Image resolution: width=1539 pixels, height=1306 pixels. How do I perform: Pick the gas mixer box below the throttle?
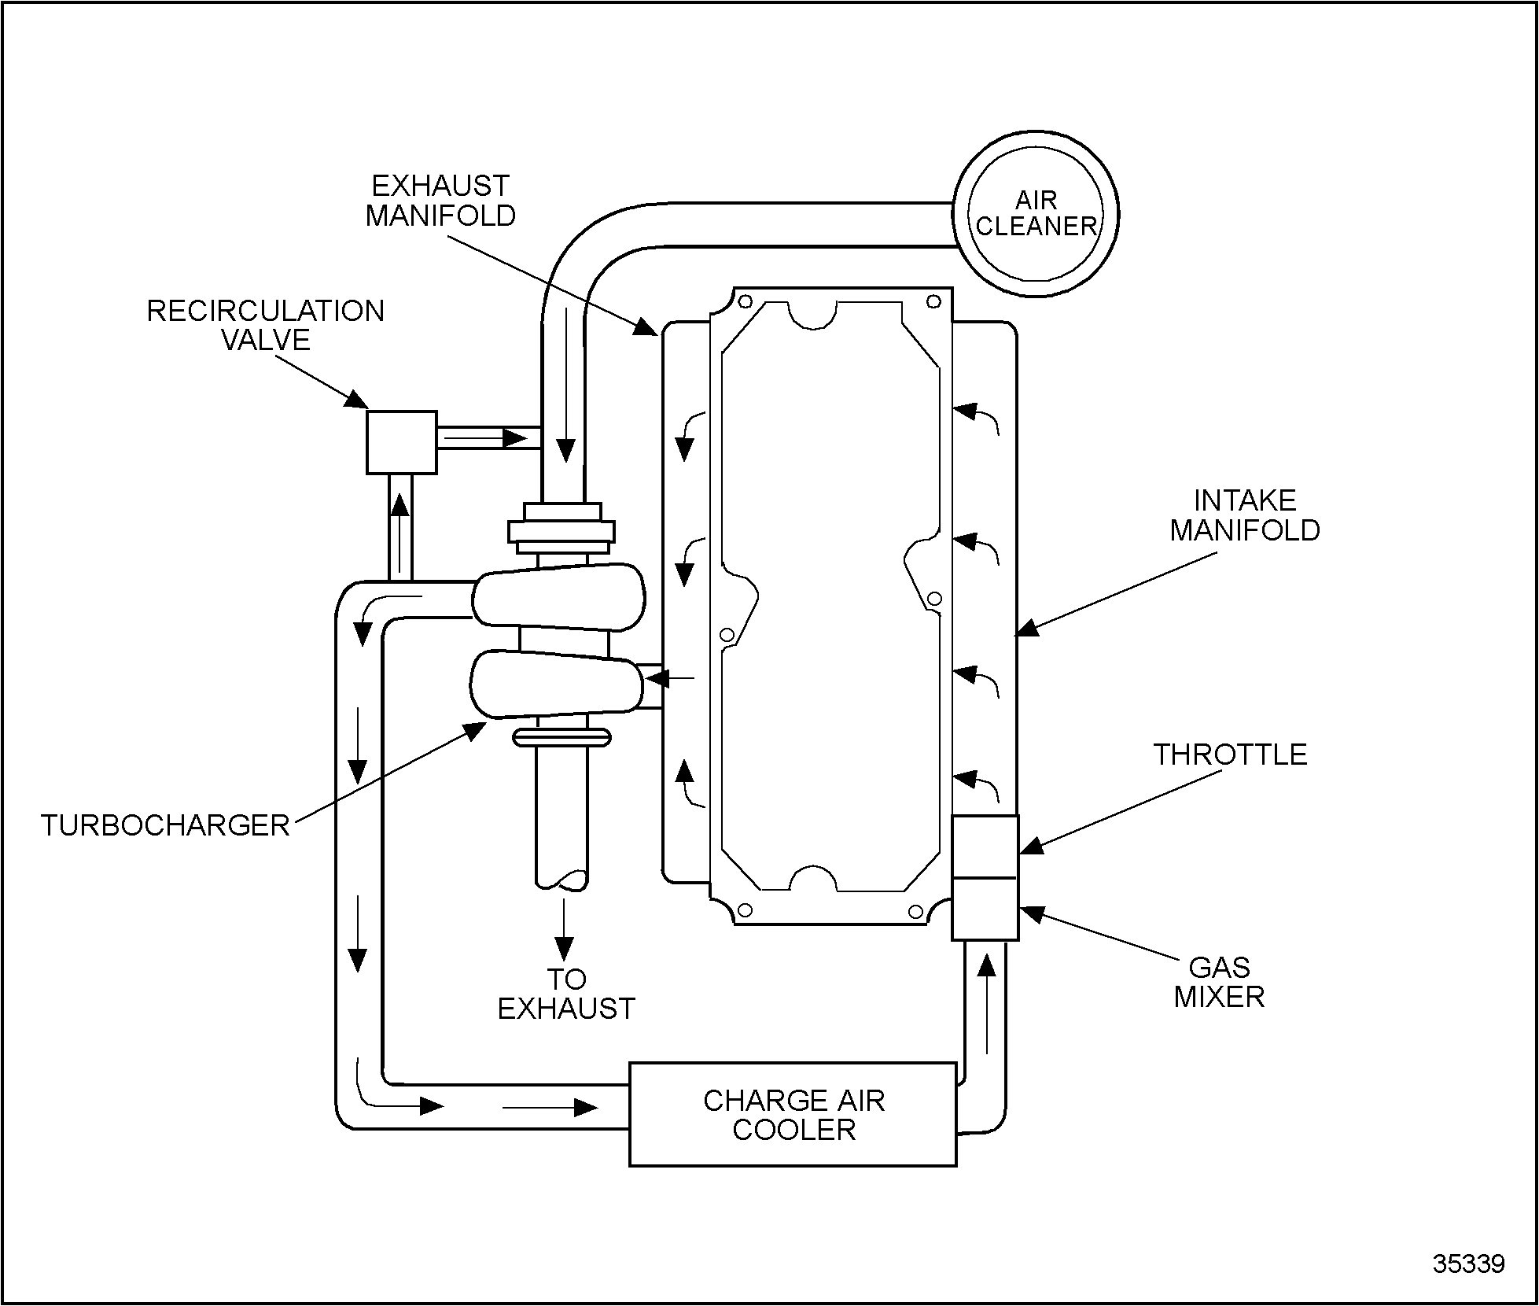tap(985, 909)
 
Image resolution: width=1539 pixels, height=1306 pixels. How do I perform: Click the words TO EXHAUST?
tap(566, 994)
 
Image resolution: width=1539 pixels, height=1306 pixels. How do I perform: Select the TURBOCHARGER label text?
tap(165, 825)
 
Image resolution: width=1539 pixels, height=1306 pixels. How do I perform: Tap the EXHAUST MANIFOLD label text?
tap(440, 201)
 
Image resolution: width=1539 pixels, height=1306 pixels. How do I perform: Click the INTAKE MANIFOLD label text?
tap(1245, 515)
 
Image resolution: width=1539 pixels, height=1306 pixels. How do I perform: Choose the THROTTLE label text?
tap(1230, 754)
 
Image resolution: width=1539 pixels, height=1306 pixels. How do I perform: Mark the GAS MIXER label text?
tap(1219, 982)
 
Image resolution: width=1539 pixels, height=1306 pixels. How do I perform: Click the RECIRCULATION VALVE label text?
tap(266, 325)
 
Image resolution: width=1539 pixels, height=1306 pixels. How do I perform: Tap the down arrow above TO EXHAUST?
tap(564, 929)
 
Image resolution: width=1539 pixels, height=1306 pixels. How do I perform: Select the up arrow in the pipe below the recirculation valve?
tap(400, 535)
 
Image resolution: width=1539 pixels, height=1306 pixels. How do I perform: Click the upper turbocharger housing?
tap(558, 596)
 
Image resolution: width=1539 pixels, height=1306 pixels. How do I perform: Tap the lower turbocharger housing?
tap(556, 684)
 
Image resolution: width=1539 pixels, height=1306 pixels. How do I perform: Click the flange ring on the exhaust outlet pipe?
tap(561, 737)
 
